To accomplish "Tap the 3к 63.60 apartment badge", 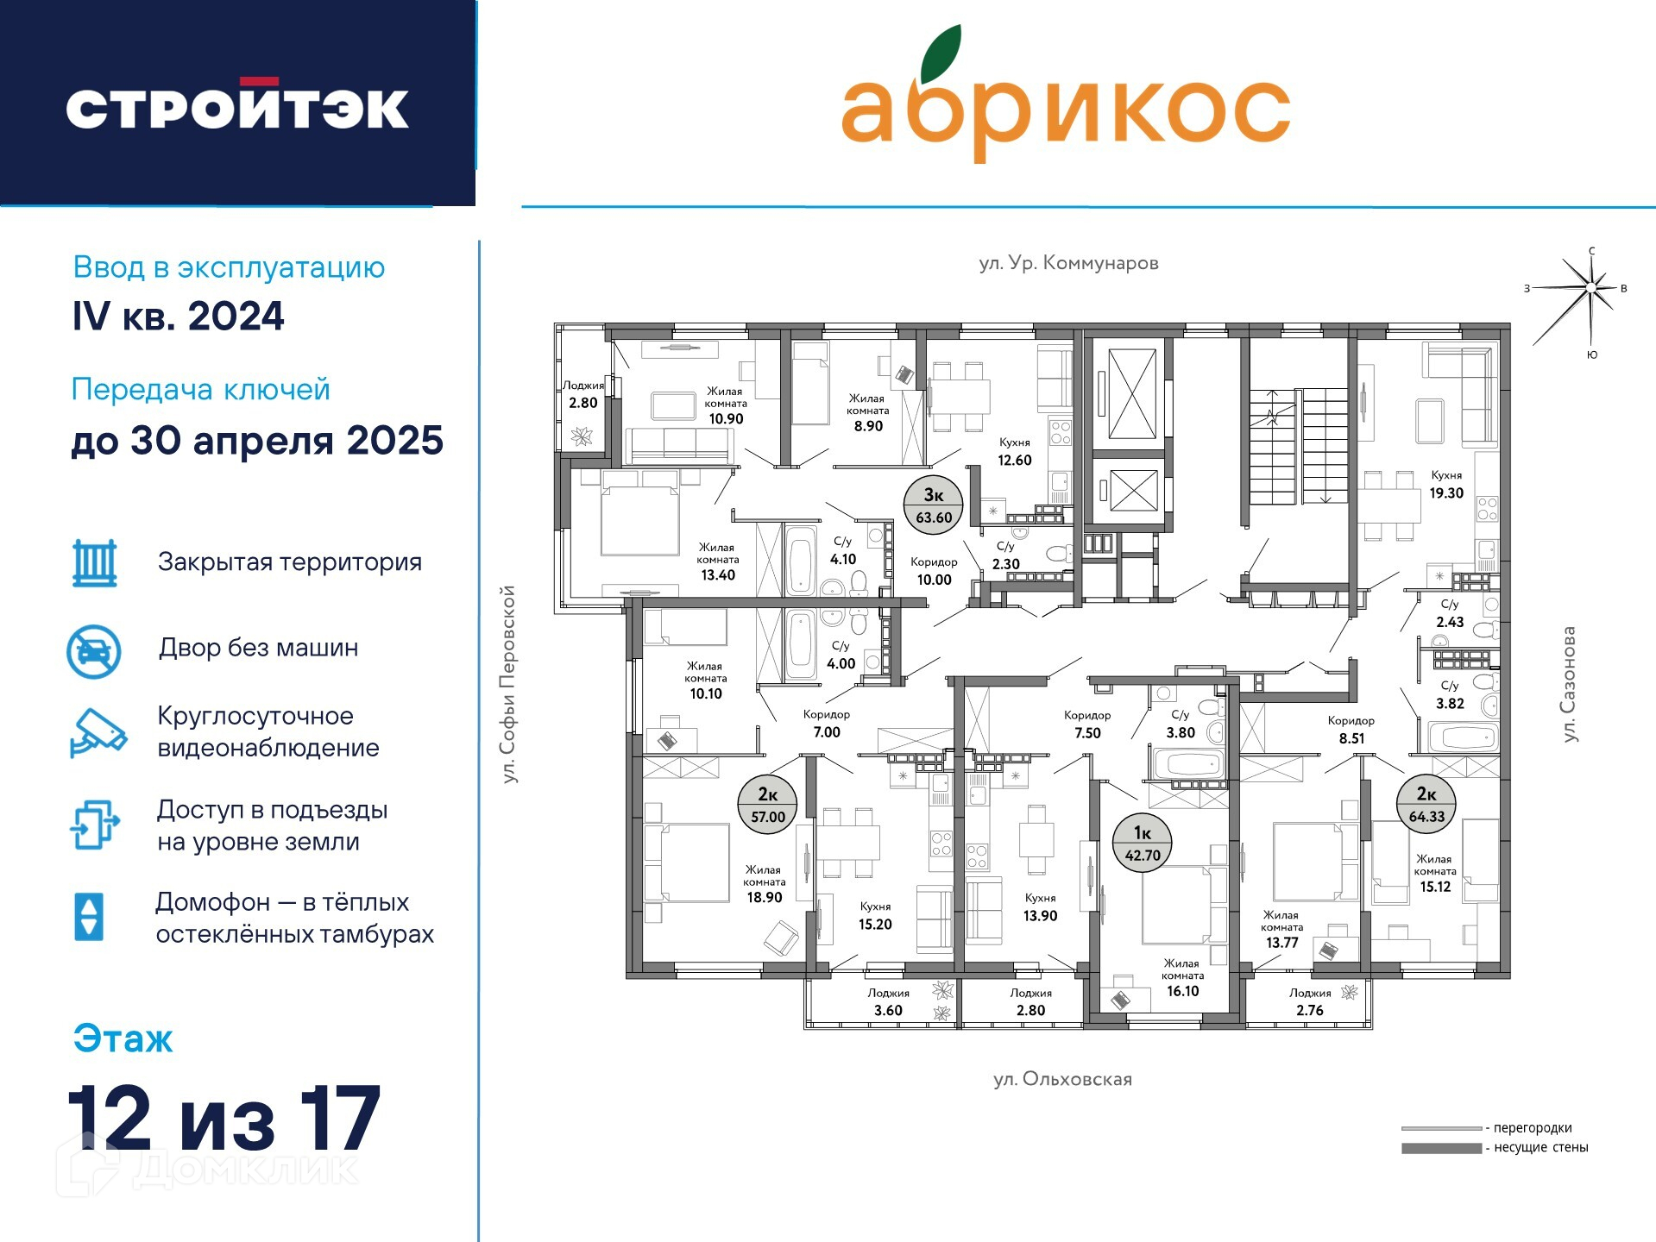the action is [934, 505].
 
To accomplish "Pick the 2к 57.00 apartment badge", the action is [768, 806].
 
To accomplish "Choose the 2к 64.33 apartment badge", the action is [1426, 806].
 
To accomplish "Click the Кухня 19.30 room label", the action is [1446, 485].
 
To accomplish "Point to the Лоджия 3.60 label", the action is [888, 1002].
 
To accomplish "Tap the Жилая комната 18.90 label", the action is [765, 884].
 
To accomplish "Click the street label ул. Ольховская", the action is [1062, 1079].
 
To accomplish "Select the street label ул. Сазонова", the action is [1569, 683].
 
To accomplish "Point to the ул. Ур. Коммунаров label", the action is [1068, 262].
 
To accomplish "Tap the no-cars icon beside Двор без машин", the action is [94, 651].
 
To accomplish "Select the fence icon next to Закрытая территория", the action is [95, 563].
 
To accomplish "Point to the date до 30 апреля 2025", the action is [257, 441].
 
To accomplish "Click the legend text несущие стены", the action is [1540, 1147].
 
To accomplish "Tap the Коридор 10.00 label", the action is [934, 571].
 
